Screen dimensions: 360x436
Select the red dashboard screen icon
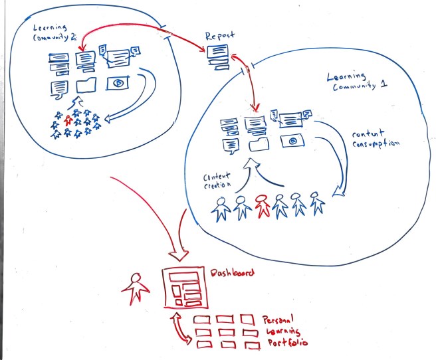pyautogui.click(x=183, y=289)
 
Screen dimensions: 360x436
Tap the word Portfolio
pyautogui.click(x=288, y=343)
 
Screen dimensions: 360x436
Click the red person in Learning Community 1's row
pyautogui.click(x=263, y=206)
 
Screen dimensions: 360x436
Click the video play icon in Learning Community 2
pyautogui.click(x=118, y=83)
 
